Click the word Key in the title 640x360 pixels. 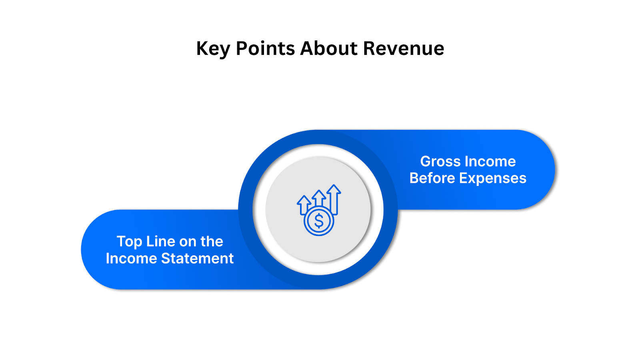213,49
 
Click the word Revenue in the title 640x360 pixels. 403,48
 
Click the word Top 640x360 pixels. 129,242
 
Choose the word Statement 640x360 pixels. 197,258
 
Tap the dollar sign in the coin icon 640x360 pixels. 319,221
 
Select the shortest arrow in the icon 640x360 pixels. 304,203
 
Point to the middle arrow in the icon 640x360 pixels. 319,197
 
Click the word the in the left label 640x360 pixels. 212,242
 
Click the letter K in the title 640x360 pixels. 202,48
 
